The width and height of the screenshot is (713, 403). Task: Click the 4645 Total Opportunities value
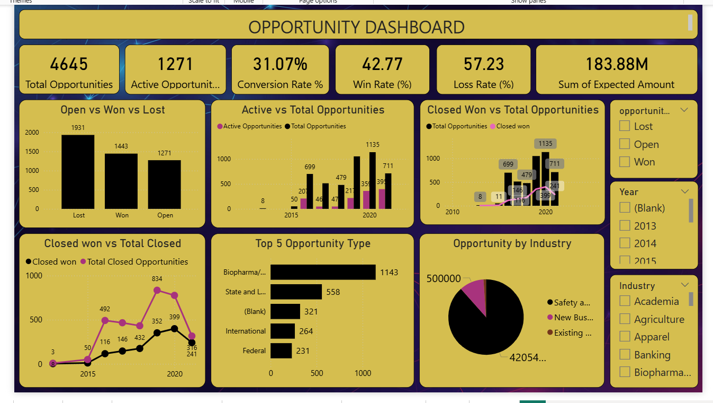[x=69, y=64]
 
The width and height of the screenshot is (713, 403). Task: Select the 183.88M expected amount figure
[x=616, y=64]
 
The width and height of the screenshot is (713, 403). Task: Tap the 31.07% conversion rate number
[x=280, y=64]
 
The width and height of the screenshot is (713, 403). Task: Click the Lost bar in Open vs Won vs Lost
[x=78, y=172]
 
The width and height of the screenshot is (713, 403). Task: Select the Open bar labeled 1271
[x=164, y=184]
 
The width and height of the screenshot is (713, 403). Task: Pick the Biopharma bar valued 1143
[x=322, y=272]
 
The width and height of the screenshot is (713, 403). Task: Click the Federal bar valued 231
[x=281, y=351]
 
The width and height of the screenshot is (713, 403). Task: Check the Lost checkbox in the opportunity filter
[x=625, y=126]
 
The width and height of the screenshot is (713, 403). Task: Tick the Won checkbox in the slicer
[x=625, y=162]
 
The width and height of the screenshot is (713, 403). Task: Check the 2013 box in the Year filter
[x=625, y=226]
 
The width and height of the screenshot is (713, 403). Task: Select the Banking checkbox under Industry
[x=625, y=355]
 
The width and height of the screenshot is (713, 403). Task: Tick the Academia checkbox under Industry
[x=625, y=301]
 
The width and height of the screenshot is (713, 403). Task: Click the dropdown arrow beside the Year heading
[x=684, y=191]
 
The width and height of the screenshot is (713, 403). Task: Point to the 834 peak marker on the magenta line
[x=157, y=290]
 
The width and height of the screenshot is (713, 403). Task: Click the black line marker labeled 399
[x=175, y=329]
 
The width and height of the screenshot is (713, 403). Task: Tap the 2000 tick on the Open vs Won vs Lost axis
[x=32, y=133]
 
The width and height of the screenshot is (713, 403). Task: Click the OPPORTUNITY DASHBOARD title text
[x=356, y=27]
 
